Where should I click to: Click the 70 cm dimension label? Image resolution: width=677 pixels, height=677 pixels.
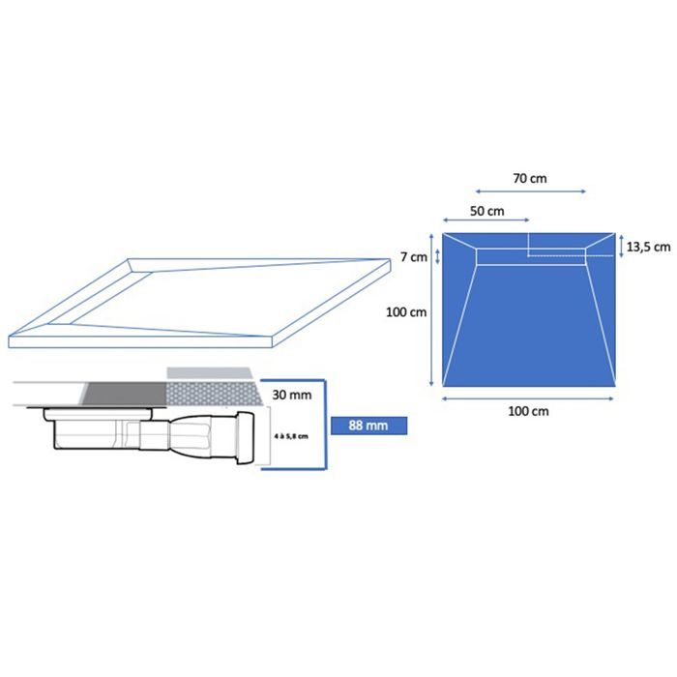[530, 178]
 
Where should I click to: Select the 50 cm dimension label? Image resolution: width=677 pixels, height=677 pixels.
[487, 211]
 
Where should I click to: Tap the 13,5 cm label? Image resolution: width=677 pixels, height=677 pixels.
[649, 247]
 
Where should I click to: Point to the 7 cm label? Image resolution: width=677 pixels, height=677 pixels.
[414, 257]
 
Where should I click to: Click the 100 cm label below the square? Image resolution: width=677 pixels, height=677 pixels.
[528, 411]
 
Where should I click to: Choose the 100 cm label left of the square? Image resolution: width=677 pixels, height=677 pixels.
[406, 311]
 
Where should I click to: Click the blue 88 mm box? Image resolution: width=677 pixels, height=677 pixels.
[368, 426]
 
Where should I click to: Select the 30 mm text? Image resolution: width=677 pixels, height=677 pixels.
[292, 395]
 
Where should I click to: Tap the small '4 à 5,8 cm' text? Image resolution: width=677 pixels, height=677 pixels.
[291, 436]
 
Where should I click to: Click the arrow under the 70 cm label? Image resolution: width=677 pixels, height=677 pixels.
[530, 191]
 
